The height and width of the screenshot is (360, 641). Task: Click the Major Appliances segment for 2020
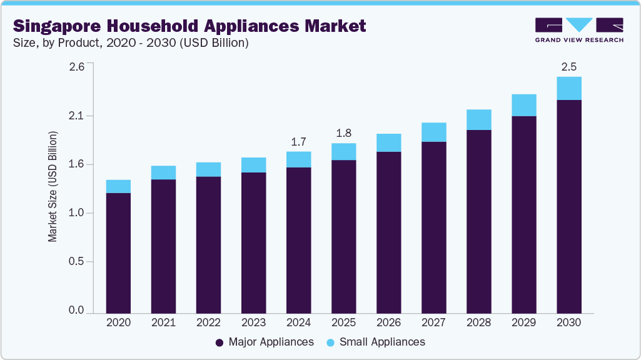click(x=118, y=253)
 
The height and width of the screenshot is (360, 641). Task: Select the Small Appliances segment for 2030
click(x=568, y=88)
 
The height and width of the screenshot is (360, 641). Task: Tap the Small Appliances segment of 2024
click(x=298, y=159)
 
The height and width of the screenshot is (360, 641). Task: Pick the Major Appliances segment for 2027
click(x=433, y=227)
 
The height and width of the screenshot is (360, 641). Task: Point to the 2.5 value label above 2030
click(x=568, y=66)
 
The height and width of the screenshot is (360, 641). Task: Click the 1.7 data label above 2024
click(x=298, y=141)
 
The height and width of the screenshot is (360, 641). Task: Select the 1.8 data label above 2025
click(x=343, y=133)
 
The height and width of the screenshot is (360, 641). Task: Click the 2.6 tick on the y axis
click(x=77, y=67)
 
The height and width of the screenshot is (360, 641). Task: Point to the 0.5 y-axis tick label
click(x=77, y=262)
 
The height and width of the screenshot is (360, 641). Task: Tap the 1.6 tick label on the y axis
click(x=77, y=164)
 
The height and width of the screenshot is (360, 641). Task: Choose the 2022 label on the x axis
click(x=208, y=322)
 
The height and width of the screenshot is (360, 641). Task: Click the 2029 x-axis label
click(x=523, y=322)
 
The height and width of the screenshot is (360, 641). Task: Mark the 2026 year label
click(x=388, y=322)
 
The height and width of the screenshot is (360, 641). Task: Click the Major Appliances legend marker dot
click(x=219, y=342)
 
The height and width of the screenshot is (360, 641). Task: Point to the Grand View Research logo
click(x=578, y=30)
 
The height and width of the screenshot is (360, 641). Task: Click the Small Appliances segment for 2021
click(x=163, y=172)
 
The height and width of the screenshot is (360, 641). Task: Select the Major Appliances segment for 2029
click(x=523, y=214)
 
